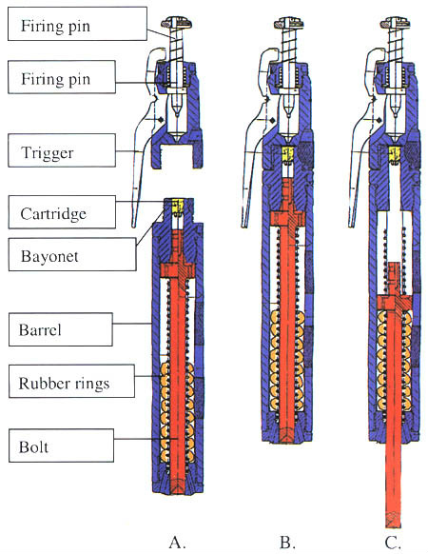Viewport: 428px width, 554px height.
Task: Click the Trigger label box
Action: (62, 150)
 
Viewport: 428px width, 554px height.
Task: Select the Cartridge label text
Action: (53, 214)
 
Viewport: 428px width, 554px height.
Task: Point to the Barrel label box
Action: (60, 329)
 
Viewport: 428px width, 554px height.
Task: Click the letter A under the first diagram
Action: (177, 542)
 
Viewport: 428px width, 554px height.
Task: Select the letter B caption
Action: (287, 542)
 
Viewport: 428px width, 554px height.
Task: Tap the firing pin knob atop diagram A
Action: (177, 23)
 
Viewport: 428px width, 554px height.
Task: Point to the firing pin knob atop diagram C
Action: (395, 23)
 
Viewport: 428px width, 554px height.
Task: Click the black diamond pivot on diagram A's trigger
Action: (161, 120)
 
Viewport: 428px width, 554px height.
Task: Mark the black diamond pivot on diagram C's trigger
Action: (379, 121)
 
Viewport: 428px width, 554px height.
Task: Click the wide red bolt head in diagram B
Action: (287, 218)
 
